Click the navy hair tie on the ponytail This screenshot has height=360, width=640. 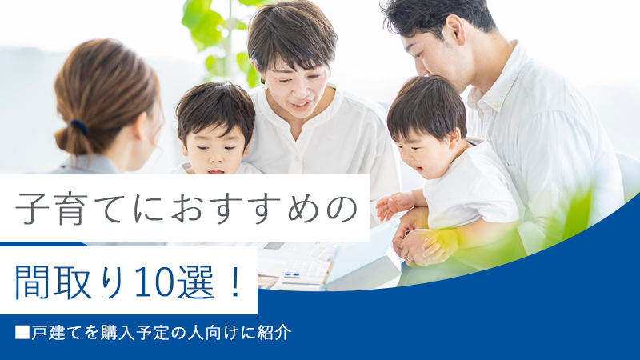[x=78, y=127]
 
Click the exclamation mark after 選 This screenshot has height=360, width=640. [x=235, y=282]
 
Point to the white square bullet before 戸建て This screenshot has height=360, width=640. [x=22, y=332]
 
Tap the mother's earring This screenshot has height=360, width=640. [x=264, y=86]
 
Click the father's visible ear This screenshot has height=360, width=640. [x=455, y=30]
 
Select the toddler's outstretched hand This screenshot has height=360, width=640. [x=390, y=206]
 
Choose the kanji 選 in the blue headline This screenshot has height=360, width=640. [x=197, y=282]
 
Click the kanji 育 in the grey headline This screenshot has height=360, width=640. [x=72, y=209]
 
